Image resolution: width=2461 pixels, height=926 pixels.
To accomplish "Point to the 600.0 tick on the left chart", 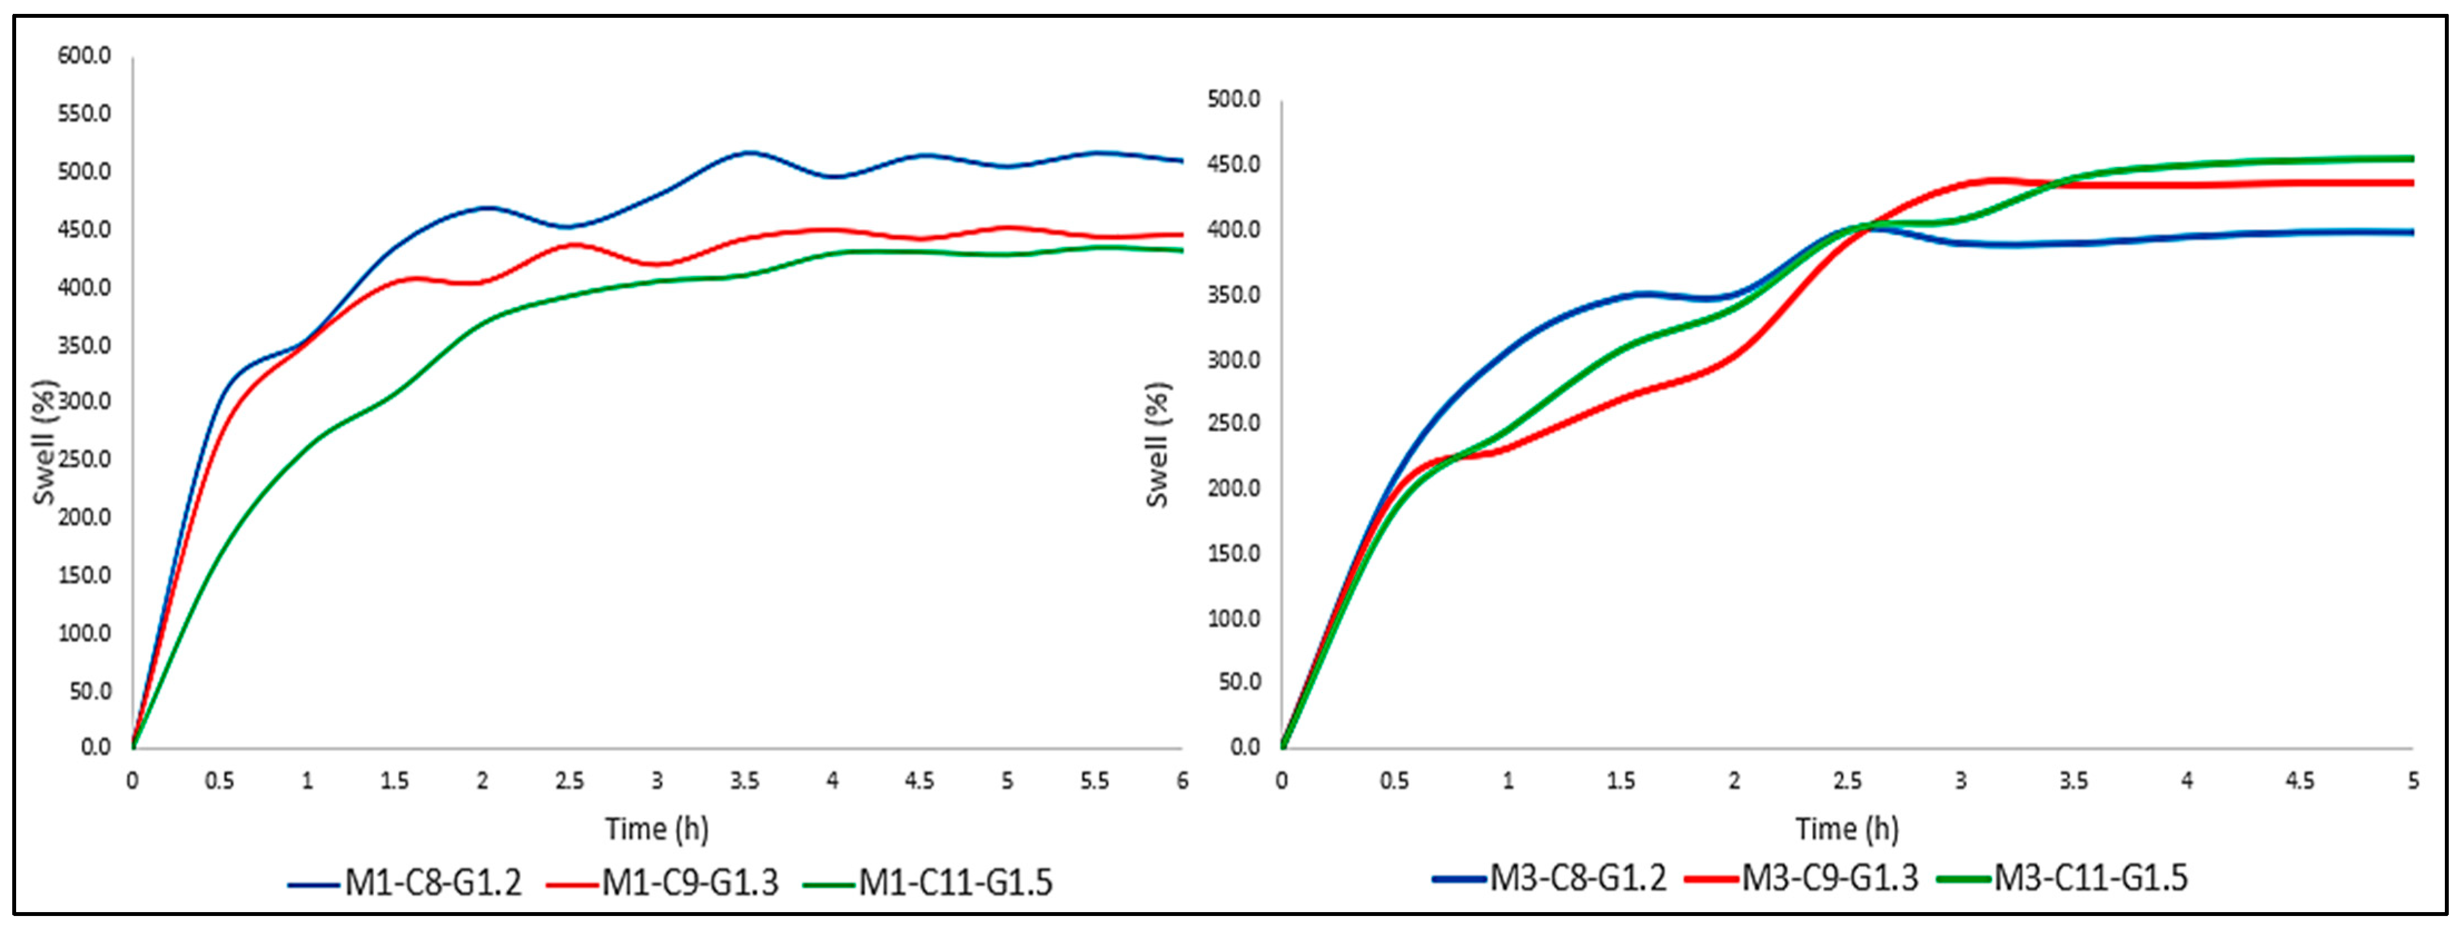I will tap(84, 56).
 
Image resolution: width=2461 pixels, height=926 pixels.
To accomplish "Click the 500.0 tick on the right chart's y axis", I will tap(1233, 100).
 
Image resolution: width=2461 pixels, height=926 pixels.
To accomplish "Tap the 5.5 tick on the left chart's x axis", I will tap(1095, 781).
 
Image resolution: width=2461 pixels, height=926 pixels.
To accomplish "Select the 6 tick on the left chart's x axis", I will tap(1182, 781).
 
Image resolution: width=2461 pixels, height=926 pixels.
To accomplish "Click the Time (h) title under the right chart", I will tap(1846, 829).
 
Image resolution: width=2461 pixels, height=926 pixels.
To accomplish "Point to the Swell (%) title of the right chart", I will tap(1157, 444).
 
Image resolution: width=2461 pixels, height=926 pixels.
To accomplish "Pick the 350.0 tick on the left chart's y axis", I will tap(84, 345).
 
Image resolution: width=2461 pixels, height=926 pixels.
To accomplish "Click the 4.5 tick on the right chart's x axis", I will tap(2300, 781).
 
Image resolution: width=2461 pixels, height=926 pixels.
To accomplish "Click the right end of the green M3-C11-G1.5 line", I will tap(2412, 159).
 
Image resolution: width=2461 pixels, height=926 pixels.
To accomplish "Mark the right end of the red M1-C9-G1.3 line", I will tap(1181, 234).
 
